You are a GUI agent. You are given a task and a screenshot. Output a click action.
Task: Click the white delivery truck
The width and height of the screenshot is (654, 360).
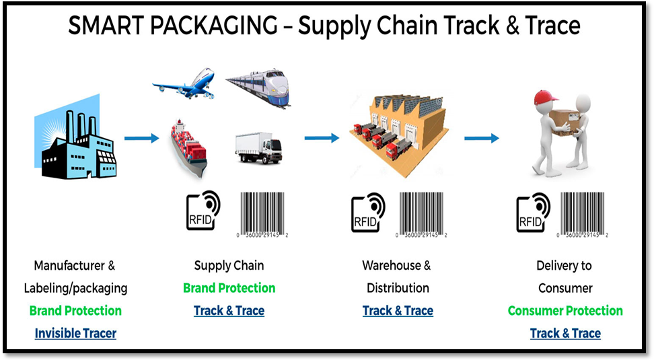pyautogui.click(x=258, y=148)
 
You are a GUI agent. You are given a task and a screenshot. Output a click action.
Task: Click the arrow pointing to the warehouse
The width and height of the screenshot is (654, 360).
pyautogui.click(x=322, y=138)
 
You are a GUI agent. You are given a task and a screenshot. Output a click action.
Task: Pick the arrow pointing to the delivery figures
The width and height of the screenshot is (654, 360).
pyautogui.click(x=481, y=138)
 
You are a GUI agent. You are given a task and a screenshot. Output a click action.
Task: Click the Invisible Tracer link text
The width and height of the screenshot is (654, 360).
pyautogui.click(x=75, y=333)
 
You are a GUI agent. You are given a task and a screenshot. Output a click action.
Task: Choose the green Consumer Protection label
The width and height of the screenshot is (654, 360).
pyautogui.click(x=565, y=310)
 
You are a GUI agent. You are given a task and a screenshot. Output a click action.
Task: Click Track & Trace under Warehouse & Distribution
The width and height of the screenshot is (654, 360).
pyautogui.click(x=398, y=310)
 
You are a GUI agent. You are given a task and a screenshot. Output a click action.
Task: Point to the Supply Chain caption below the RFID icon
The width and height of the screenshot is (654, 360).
pyautogui.click(x=229, y=265)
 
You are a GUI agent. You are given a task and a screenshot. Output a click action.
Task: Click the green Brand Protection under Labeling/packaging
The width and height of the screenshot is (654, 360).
pyautogui.click(x=75, y=310)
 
